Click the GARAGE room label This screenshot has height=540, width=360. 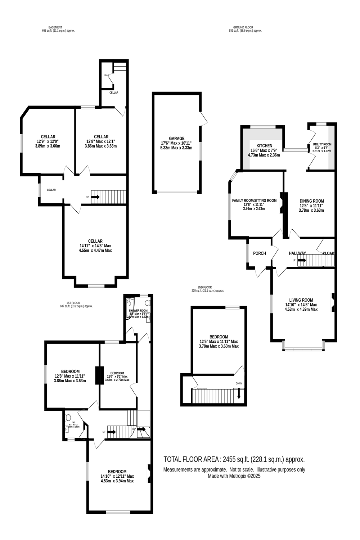click(x=176, y=139)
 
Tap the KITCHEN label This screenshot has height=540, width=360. click(x=264, y=146)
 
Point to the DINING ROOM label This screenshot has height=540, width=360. click(x=312, y=201)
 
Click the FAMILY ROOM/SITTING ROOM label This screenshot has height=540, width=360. click(x=254, y=201)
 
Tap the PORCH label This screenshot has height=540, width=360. click(x=260, y=253)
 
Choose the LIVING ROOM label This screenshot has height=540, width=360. click(x=301, y=300)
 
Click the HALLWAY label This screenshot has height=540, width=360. click(x=297, y=253)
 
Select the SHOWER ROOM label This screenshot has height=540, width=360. click(x=138, y=310)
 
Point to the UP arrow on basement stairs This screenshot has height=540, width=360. click(x=95, y=197)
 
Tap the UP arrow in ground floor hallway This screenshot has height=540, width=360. click(x=302, y=260)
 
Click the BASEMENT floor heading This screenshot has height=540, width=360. click(x=55, y=27)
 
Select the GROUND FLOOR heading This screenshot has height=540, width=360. click(x=243, y=27)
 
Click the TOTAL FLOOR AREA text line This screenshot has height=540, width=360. click(x=234, y=459)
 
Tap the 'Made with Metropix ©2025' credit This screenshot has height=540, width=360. click(x=234, y=476)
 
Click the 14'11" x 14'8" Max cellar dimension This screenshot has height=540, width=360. click(x=95, y=246)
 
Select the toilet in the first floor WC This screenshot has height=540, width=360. click(x=68, y=418)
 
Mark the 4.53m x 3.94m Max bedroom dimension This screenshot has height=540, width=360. click(x=117, y=481)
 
